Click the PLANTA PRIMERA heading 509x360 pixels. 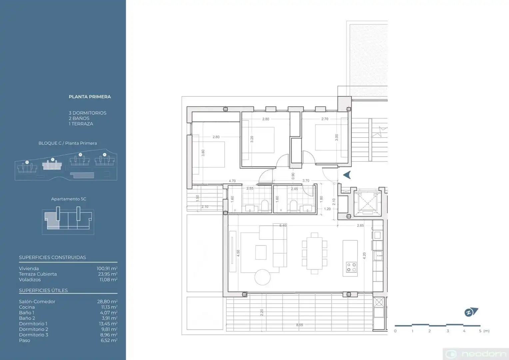[x=90, y=97]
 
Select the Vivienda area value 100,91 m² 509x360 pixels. [x=107, y=268]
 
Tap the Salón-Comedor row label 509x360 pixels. [x=37, y=301]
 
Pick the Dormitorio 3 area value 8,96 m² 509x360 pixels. [x=109, y=335]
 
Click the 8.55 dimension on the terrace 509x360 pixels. [x=299, y=325]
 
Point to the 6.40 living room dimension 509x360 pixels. [x=283, y=225]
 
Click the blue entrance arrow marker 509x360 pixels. [x=347, y=175]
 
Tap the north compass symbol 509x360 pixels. [x=471, y=312]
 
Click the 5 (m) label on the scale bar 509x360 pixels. [x=484, y=331]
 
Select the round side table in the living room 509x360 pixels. [x=262, y=277]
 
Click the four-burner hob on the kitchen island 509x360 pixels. [x=351, y=267]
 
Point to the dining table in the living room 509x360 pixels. [x=314, y=253]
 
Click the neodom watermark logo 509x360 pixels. [x=476, y=354]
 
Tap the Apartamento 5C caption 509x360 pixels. [x=69, y=199]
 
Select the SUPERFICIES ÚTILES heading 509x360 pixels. [x=43, y=290]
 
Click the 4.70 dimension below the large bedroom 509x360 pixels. [x=232, y=181]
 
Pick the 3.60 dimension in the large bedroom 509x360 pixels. [x=203, y=153]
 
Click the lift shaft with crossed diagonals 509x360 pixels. [x=367, y=203]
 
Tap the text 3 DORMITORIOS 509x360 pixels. [x=88, y=113]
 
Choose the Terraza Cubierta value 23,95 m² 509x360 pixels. [x=108, y=274]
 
